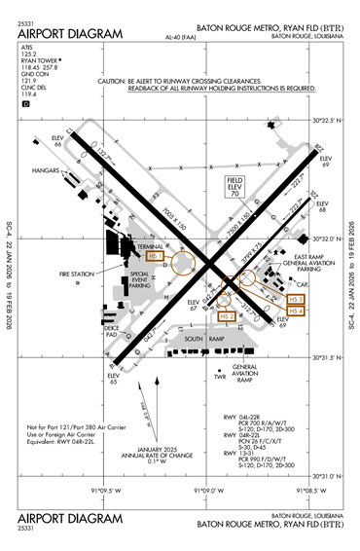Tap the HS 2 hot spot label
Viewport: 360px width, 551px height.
pyautogui.click(x=226, y=316)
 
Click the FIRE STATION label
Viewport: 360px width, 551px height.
pyautogui.click(x=75, y=275)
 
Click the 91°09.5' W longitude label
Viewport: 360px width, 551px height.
pyautogui.click(x=107, y=491)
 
